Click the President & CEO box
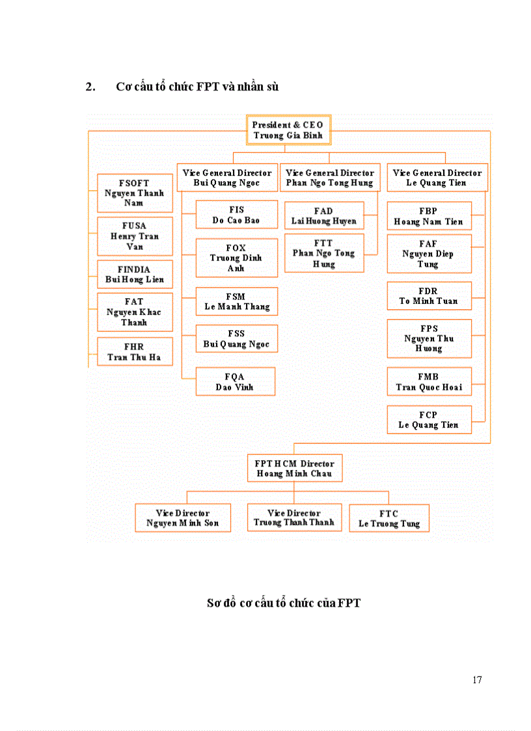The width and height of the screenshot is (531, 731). click(288, 130)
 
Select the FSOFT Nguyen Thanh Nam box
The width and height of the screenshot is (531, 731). click(135, 193)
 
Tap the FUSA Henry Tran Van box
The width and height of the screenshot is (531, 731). click(135, 236)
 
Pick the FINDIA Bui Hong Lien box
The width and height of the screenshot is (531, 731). click(135, 274)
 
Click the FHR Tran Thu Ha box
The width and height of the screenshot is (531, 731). click(135, 352)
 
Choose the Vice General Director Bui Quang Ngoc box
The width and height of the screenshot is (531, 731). click(226, 178)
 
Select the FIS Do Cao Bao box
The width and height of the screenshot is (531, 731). click(236, 215)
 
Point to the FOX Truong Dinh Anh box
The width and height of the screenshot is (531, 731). click(236, 258)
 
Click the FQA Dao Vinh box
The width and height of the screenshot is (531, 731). click(235, 381)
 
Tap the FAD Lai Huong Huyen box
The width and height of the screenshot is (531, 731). click(323, 215)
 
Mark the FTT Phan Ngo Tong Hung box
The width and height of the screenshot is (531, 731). click(323, 253)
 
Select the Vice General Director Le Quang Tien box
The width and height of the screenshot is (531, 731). click(437, 178)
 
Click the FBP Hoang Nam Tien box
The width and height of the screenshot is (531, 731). click(429, 216)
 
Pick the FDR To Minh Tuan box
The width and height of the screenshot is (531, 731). click(429, 296)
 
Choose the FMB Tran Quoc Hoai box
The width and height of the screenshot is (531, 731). click(429, 381)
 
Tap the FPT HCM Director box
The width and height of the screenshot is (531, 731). click(294, 468)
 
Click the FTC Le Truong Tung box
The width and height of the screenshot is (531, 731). click(389, 518)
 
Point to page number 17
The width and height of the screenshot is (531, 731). click(477, 680)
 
